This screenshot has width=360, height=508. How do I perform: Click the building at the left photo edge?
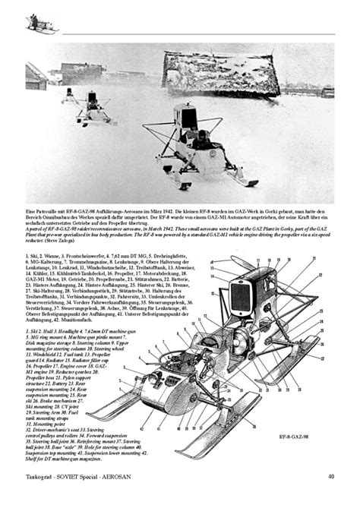coord(33,76)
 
